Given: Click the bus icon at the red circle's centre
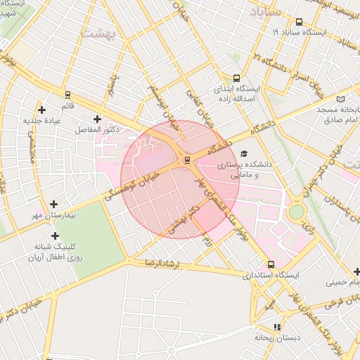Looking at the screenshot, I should point(187,160).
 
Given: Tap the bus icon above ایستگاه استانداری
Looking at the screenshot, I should point(271,264).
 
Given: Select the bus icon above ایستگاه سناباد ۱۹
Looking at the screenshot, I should point(300,22).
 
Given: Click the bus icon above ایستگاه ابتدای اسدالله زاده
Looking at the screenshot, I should point(236,78).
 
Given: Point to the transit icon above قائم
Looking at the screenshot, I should point(67,94).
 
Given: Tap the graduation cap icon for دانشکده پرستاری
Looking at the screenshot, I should point(244,153).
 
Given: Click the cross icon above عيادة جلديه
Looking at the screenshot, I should point(42,110).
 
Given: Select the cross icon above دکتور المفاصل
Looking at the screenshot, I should point(97,119).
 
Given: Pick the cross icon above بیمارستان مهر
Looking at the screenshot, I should point(53,204).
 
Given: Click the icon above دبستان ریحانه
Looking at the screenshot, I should point(277,327).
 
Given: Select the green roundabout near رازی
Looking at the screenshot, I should point(297,211).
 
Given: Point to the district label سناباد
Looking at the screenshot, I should point(265,12).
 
